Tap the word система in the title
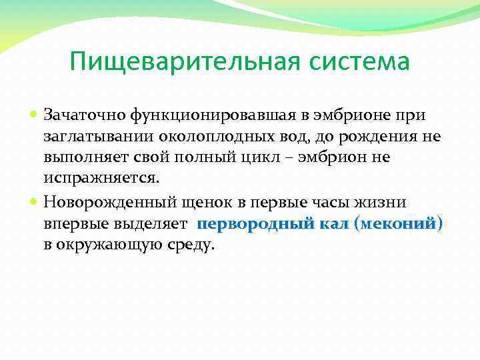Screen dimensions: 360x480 [x=358, y=62]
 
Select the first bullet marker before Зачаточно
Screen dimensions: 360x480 [x=36, y=115]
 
